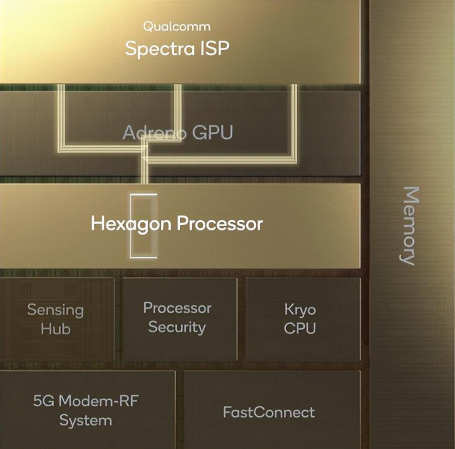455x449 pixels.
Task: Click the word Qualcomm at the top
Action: click(177, 27)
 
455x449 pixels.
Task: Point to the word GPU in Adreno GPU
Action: click(212, 132)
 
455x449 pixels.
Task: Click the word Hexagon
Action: click(131, 224)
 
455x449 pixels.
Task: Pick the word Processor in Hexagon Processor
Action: click(219, 224)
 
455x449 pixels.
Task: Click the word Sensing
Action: click(55, 310)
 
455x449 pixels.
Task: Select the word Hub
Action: click(55, 329)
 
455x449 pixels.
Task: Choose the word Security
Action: click(177, 327)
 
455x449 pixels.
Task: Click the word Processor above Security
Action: click(177, 308)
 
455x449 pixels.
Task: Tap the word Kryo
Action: click(300, 310)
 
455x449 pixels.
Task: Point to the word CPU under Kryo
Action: click(300, 328)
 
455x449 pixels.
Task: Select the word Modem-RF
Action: click(98, 401)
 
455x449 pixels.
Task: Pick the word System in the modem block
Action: click(85, 420)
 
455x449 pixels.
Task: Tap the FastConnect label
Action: click(269, 412)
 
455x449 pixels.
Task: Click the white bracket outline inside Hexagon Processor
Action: click(131, 226)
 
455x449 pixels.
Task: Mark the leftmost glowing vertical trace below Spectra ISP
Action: click(61, 118)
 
